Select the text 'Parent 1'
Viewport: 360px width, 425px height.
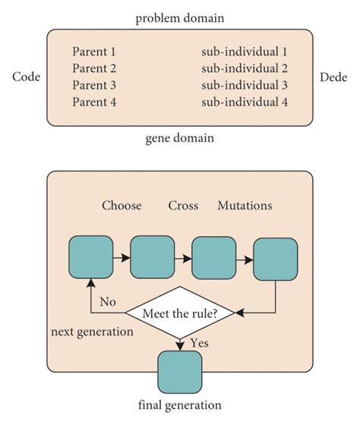click(x=94, y=52)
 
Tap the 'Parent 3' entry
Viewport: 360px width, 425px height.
click(x=94, y=84)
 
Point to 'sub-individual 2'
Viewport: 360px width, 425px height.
click(x=245, y=68)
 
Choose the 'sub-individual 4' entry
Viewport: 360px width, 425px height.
click(x=245, y=101)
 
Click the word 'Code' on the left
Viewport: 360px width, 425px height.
click(x=25, y=77)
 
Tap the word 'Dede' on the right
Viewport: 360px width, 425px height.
click(x=334, y=77)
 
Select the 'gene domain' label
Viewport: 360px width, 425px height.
click(x=178, y=138)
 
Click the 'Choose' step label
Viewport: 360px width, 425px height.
click(x=122, y=206)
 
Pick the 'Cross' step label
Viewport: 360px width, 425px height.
click(x=183, y=206)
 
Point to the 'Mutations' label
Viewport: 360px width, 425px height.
click(x=245, y=206)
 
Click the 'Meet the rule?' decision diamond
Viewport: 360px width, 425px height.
click(x=180, y=312)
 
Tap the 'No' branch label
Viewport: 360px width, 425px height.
click(x=107, y=301)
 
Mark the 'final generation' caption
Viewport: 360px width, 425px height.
click(x=179, y=405)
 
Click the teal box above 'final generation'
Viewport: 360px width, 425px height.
click(x=179, y=372)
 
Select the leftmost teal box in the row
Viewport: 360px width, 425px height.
click(x=91, y=257)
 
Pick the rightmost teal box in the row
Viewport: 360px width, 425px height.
click(x=274, y=260)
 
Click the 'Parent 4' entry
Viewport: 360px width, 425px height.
click(x=94, y=101)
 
